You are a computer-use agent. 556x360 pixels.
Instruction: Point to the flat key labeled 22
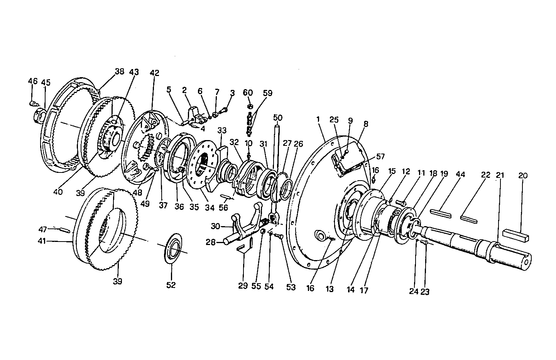pyautogui.click(x=469, y=219)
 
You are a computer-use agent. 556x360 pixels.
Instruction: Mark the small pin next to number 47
pyautogui.click(x=64, y=230)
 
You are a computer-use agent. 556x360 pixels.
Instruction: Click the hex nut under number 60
pyautogui.click(x=249, y=106)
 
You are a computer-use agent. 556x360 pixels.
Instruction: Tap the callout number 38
pyautogui.click(x=120, y=71)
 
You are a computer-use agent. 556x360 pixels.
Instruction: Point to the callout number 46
pyautogui.click(x=33, y=81)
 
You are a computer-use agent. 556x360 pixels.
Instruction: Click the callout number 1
pyautogui.click(x=318, y=120)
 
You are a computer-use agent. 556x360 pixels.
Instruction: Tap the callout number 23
pyautogui.click(x=424, y=292)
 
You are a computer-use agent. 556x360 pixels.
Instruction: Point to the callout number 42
pyautogui.click(x=154, y=73)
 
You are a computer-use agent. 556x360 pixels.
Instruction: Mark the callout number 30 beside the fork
pyautogui.click(x=216, y=226)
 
